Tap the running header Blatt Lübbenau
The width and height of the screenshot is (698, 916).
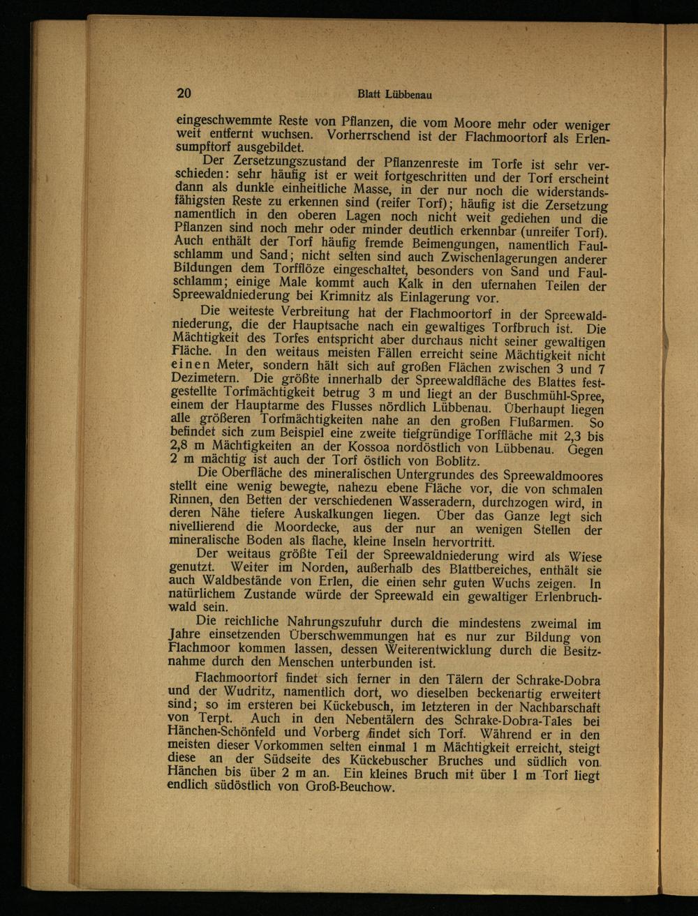(389, 95)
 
